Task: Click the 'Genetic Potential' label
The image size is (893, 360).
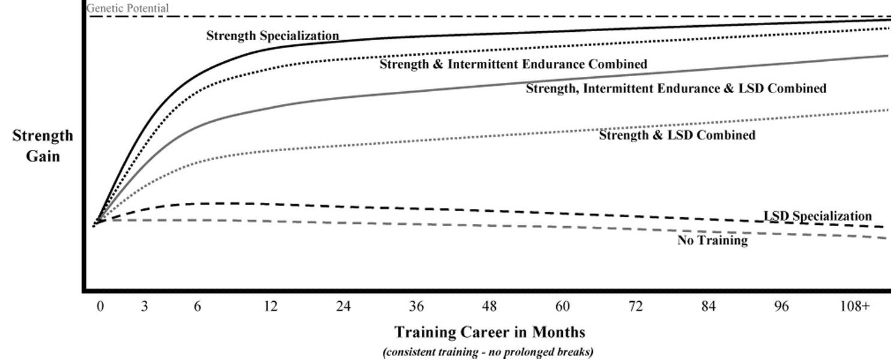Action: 128,8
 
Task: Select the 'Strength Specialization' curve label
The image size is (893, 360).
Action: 272,35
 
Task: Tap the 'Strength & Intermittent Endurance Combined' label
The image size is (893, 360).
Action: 513,64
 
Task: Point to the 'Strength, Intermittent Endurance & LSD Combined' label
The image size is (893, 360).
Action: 676,89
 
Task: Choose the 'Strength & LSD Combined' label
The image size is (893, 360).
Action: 677,136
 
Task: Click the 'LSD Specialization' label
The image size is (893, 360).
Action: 817,216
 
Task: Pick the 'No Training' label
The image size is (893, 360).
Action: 712,241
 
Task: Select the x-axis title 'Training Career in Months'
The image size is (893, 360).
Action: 490,332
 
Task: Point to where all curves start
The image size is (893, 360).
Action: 95,226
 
